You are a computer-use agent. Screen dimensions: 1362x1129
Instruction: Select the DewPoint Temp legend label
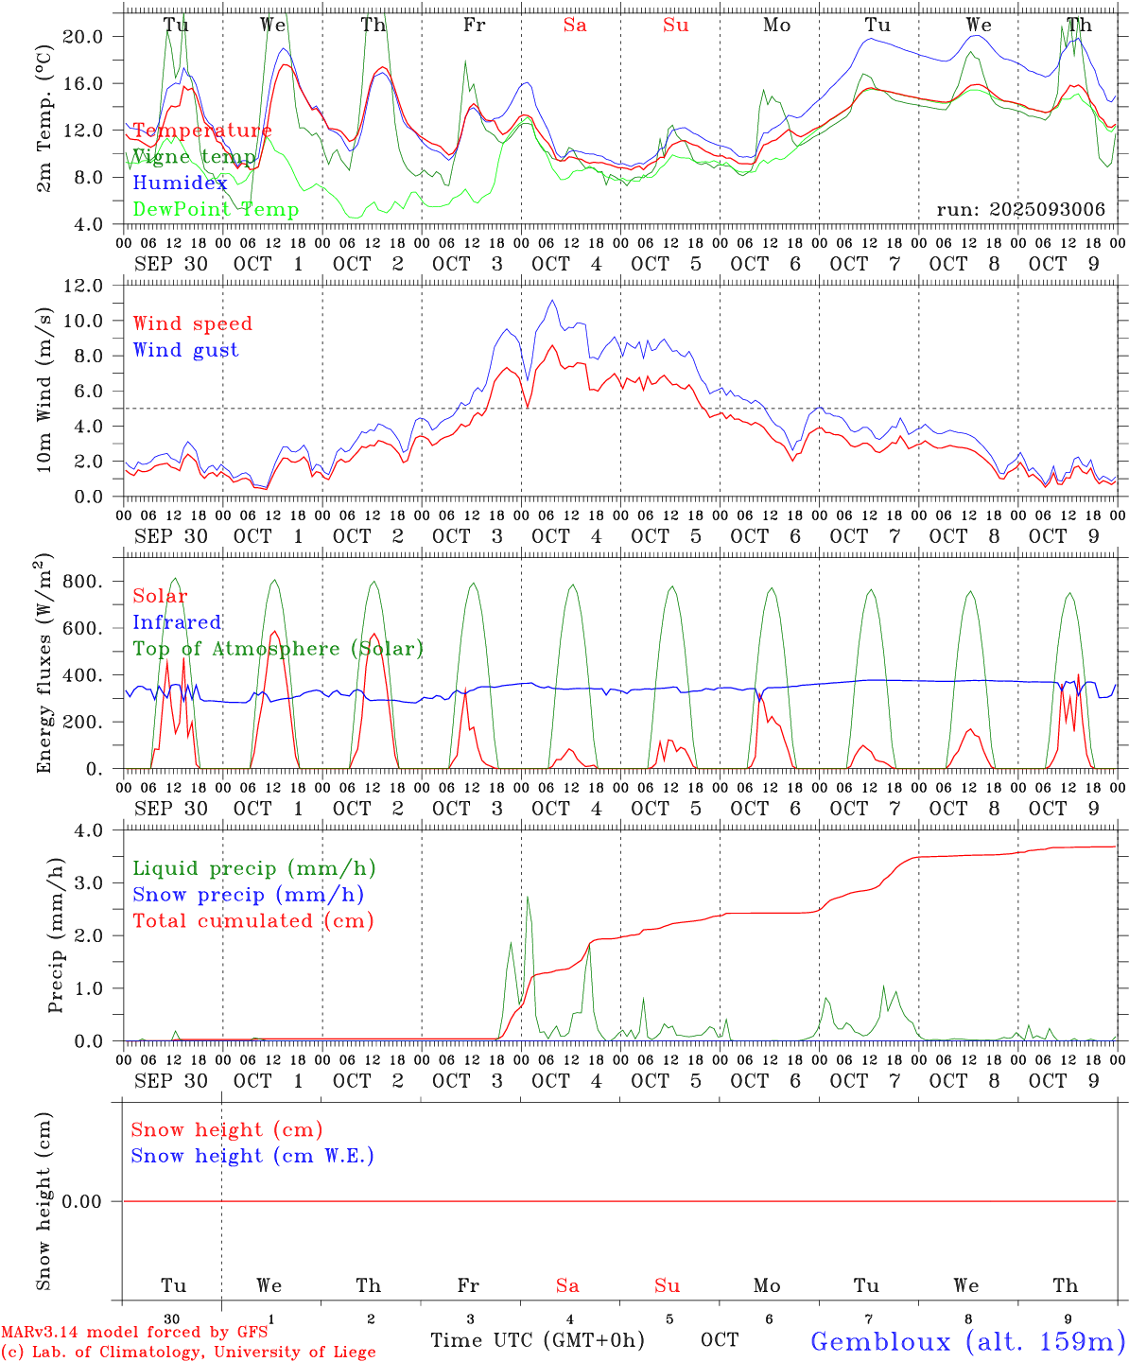(x=216, y=210)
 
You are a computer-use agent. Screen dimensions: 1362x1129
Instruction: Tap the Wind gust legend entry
(x=185, y=350)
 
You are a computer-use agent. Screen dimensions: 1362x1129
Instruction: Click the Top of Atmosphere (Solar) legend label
(x=277, y=649)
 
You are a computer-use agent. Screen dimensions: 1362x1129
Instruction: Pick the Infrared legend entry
(x=177, y=622)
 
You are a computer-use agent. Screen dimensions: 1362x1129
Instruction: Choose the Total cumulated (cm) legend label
(x=252, y=921)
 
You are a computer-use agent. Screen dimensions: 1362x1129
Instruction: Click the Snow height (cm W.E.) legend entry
(x=252, y=1156)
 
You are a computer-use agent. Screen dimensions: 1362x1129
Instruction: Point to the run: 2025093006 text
(x=1020, y=210)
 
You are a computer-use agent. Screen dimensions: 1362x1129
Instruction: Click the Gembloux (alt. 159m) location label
(x=967, y=1341)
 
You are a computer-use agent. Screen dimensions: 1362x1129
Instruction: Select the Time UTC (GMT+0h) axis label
(x=537, y=1340)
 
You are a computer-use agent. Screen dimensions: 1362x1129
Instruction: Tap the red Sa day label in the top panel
(x=575, y=26)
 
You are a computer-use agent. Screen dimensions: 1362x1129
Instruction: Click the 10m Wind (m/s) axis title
(x=43, y=391)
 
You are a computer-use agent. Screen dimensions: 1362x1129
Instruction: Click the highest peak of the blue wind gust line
(x=552, y=301)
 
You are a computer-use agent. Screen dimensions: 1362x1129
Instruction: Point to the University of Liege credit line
(x=188, y=1353)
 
